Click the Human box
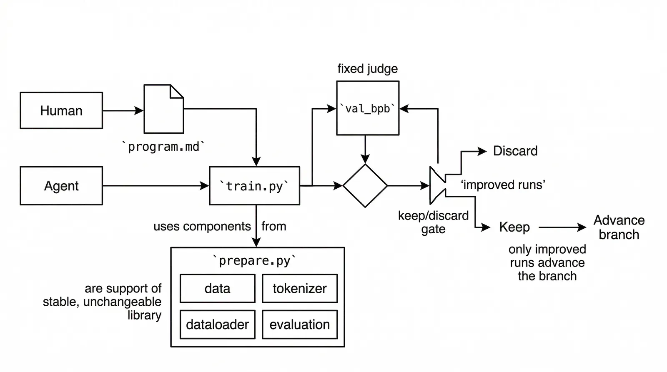(61, 110)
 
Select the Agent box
(61, 186)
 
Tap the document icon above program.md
(163, 109)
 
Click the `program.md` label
(163, 147)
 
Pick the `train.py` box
(254, 186)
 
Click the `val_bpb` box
(367, 108)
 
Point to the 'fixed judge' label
(367, 68)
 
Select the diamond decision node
(365, 186)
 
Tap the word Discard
(515, 151)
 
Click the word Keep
(514, 227)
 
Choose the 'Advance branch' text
(619, 227)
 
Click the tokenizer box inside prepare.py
(299, 288)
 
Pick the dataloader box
(217, 325)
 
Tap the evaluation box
(299, 325)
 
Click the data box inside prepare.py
(217, 288)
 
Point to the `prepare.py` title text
(254, 261)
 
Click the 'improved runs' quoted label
(503, 185)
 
